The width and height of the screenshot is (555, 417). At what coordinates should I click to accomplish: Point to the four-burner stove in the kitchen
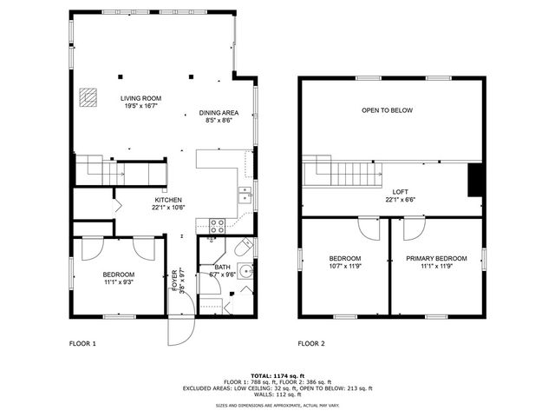pyautogui.click(x=217, y=224)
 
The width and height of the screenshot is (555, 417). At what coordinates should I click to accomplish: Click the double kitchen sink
pyautogui.click(x=245, y=194)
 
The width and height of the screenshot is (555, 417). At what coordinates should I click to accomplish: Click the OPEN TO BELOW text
pyautogui.click(x=387, y=110)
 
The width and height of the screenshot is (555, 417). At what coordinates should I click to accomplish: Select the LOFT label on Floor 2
pyautogui.click(x=400, y=192)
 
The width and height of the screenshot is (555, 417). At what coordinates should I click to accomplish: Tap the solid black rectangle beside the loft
pyautogui.click(x=474, y=180)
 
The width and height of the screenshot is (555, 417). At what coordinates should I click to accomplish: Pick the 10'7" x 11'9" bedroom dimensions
pyautogui.click(x=345, y=267)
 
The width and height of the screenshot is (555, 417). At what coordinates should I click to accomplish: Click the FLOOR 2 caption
pyautogui.click(x=311, y=343)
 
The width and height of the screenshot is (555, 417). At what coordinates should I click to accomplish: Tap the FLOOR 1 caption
pyautogui.click(x=82, y=343)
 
